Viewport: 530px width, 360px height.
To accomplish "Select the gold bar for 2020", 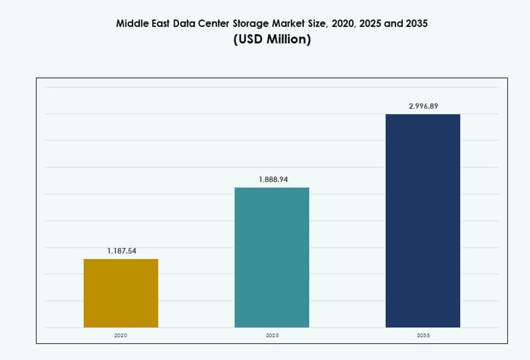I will point(121,293).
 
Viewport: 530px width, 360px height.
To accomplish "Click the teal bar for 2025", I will point(272,257).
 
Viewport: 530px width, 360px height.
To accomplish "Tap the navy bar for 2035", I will point(423,221).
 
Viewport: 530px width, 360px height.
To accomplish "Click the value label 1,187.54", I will point(122,251).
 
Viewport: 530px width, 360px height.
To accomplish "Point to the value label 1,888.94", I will point(273,180).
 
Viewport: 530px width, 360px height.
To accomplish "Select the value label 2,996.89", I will point(423,106).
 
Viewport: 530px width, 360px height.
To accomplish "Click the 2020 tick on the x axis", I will point(121,335).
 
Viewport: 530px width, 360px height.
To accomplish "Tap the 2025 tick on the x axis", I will point(272,335).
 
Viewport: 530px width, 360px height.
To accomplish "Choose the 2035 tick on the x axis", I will point(423,335).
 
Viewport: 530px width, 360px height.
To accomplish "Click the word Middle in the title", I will point(130,24).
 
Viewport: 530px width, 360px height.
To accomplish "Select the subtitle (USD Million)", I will point(272,40).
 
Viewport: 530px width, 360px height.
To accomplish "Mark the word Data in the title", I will point(182,24).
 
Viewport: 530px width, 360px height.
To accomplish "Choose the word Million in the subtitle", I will point(288,40).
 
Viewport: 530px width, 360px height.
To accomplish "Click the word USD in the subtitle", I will point(250,40).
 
